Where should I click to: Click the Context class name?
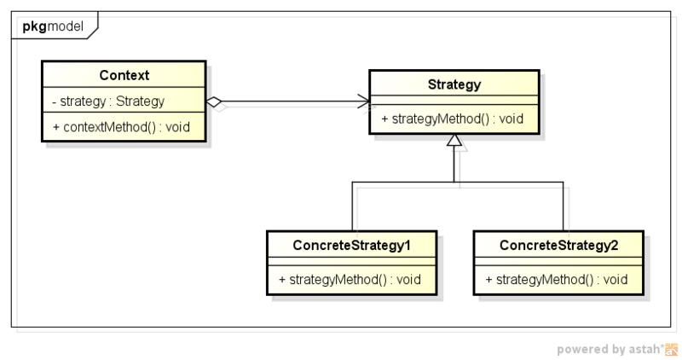pyautogui.click(x=124, y=75)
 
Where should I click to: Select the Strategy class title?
pyautogui.click(x=454, y=84)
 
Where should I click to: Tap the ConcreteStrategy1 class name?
pyautogui.click(x=352, y=246)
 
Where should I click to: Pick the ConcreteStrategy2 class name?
pyautogui.click(x=558, y=246)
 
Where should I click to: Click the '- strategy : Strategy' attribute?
pyautogui.click(x=108, y=102)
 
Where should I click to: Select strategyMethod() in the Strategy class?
pyautogui.click(x=452, y=119)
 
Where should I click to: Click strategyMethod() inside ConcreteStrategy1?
pyautogui.click(x=350, y=279)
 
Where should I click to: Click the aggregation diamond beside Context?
pyautogui.click(x=216, y=102)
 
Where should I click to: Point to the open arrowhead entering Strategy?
pyautogui.click(x=364, y=102)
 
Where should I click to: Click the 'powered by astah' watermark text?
pyautogui.click(x=609, y=349)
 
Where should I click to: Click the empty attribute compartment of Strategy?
pyautogui.click(x=454, y=101)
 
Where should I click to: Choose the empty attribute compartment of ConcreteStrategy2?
pyautogui.click(x=558, y=262)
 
